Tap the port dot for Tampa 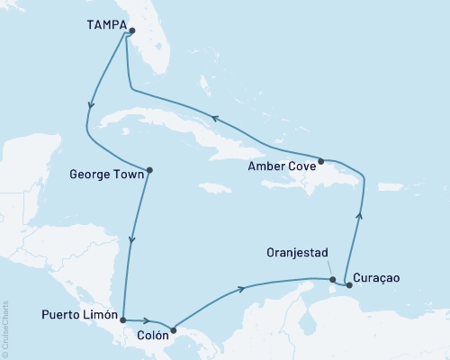(x=131, y=31)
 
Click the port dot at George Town (x=149, y=170)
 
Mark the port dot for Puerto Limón (x=122, y=319)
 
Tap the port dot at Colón (x=174, y=329)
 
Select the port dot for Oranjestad (x=333, y=280)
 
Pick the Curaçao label (x=376, y=278)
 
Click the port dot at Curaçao (x=348, y=285)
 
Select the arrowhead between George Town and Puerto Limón (x=133, y=239)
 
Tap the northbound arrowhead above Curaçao (x=359, y=214)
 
